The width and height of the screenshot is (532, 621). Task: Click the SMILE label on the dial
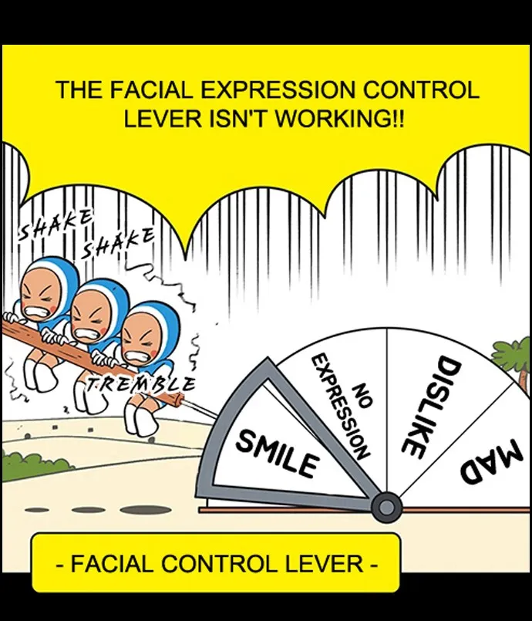(278, 454)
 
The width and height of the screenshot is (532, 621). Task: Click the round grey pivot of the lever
(386, 507)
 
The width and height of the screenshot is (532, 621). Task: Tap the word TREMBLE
(141, 383)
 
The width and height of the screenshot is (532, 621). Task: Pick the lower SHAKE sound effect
(118, 242)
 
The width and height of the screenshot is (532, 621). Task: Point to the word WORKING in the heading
(342, 119)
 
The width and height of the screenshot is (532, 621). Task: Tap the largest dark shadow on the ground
(146, 509)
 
